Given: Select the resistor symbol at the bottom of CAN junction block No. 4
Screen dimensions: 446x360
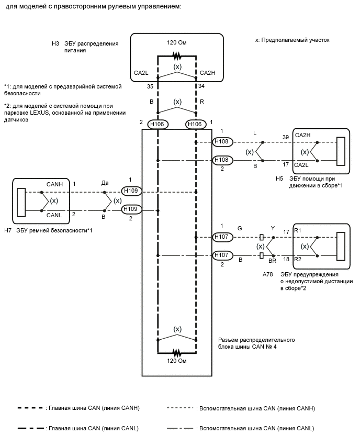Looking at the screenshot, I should tap(177, 351).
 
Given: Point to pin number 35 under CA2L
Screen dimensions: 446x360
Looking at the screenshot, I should tap(150, 85).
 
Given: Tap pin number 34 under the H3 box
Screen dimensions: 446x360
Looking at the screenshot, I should tap(202, 85).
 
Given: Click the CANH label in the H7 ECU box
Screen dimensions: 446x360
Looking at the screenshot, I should tap(54, 184).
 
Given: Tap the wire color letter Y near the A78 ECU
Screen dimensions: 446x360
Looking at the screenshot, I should tap(272, 228).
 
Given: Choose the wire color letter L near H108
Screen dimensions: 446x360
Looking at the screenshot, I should tap(255, 134).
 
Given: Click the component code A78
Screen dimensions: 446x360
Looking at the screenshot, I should tap(268, 274).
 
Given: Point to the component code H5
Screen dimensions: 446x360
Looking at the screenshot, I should tap(280, 178).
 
